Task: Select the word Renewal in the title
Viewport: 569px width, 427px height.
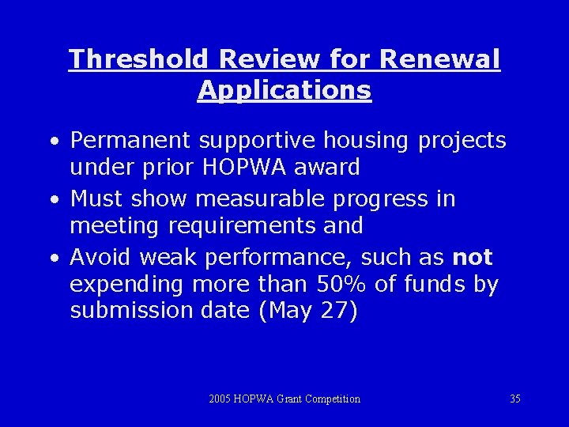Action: tap(440, 59)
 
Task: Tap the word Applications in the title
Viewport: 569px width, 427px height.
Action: tap(284, 89)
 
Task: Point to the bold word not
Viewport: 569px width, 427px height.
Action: tap(473, 257)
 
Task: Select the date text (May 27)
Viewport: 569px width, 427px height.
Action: tap(308, 312)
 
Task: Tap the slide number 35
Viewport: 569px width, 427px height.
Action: tap(514, 399)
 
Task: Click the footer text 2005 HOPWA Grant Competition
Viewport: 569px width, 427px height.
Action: tap(284, 399)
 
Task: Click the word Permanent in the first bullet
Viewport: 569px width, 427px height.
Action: tap(130, 140)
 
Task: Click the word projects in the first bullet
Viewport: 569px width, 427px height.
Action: tap(462, 140)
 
